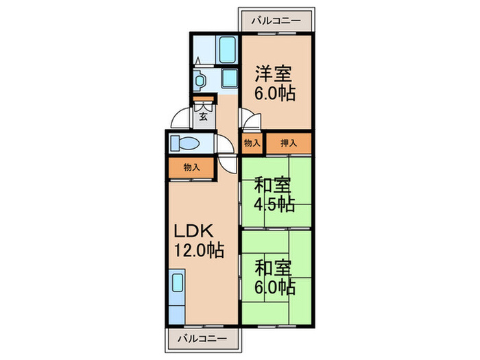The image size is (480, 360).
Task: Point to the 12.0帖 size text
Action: (x=200, y=251)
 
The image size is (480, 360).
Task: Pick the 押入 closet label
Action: (x=289, y=143)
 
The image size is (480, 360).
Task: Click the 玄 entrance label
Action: (x=204, y=117)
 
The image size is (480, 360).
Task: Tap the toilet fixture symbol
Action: (x=185, y=143)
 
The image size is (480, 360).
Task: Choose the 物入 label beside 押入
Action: (x=252, y=143)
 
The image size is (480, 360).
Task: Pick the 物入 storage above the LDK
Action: (x=191, y=167)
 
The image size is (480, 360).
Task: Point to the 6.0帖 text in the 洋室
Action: (x=276, y=93)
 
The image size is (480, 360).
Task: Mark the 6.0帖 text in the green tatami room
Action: (x=276, y=285)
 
